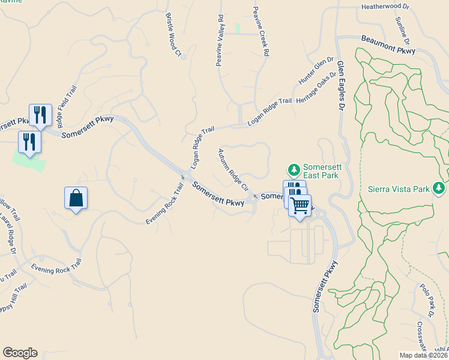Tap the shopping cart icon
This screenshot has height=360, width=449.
tap(300, 206)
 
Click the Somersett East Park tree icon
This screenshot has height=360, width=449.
tap(294, 169)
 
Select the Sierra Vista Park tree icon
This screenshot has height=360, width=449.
tap(439, 189)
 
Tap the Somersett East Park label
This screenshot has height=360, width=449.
tap(321, 171)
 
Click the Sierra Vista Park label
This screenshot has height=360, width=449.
tap(399, 190)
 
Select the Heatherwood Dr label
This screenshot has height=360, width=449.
tap(385, 7)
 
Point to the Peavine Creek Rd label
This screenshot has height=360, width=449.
tap(260, 31)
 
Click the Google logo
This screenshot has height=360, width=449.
tap(20, 353)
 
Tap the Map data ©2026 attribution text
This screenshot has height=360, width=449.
tap(424, 355)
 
